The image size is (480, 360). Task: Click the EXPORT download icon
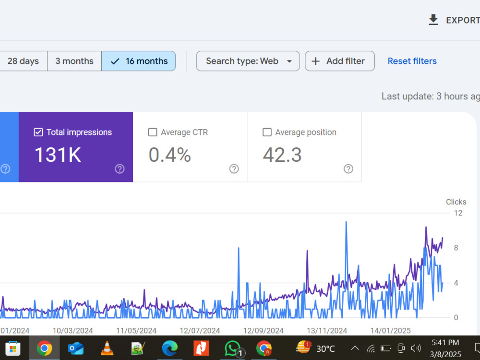pos(433,20)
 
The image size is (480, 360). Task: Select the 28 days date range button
pos(23,61)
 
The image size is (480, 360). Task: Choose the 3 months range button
pos(74,61)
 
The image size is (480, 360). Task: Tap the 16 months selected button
pos(139,61)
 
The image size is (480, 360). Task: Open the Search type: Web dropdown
pos(248,61)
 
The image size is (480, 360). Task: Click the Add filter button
pos(340,61)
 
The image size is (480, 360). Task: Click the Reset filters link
pos(412,61)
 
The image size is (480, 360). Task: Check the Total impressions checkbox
pos(38,132)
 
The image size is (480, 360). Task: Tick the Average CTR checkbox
pos(153,132)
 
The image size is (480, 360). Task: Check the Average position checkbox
pos(267,132)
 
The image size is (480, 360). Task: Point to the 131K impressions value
pos(58,155)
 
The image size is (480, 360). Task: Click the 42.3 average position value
pos(282,155)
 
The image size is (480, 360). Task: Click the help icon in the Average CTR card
pos(234,168)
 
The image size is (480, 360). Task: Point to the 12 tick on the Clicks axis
pos(458,213)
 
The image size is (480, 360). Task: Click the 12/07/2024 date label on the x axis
pos(200,331)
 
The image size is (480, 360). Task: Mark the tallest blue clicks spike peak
pos(346,222)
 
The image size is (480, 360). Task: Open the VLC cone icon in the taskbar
pos(107,348)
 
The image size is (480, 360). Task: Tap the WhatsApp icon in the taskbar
pos(233,348)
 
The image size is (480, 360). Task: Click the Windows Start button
pos(13,348)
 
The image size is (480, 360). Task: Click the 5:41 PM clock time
pos(445,343)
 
